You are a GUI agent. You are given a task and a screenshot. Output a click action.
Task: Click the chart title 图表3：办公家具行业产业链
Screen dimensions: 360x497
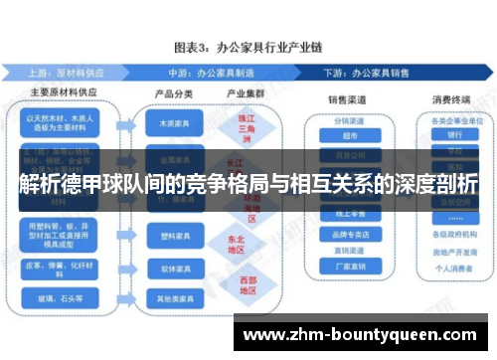point(248,47)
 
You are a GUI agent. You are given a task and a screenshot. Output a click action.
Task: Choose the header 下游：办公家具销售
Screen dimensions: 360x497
point(384,74)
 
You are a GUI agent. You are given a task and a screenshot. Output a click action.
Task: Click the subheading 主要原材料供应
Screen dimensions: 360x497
point(64,93)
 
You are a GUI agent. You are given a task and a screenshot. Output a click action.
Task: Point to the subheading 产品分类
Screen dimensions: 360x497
point(172,93)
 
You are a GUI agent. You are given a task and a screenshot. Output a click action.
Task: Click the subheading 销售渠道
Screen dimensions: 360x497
point(347,99)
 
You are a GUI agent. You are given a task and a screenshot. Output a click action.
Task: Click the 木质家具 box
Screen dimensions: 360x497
point(172,125)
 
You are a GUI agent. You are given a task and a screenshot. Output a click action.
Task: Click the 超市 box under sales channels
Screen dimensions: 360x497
point(347,137)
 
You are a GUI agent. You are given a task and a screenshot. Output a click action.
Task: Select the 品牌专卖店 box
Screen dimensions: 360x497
point(347,236)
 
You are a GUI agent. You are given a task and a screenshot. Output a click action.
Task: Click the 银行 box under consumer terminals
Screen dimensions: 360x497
point(453,133)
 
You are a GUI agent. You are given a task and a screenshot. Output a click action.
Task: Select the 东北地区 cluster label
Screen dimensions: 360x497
point(236,243)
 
